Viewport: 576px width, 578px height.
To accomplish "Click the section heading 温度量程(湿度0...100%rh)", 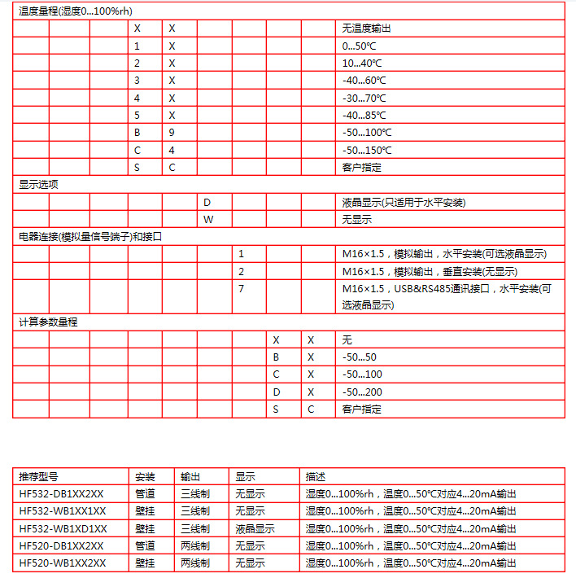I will [74, 11].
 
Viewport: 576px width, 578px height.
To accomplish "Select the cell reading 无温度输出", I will [366, 28].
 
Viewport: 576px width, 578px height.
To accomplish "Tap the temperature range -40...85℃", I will [364, 116].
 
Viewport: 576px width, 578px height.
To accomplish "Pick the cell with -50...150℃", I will [367, 151].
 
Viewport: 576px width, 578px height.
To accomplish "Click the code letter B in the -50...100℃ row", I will [137, 133].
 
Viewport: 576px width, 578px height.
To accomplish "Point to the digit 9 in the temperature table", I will [172, 133].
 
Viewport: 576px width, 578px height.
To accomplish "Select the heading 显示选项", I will [38, 185].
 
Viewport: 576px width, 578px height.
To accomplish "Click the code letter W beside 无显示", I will [207, 220].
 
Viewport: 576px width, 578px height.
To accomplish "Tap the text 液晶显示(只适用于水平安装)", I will [404, 202].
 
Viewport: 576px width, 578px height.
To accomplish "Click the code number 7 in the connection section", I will [241, 289].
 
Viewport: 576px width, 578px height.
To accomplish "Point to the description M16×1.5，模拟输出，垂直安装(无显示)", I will [430, 272].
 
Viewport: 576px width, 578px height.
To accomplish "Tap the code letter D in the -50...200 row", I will [277, 392].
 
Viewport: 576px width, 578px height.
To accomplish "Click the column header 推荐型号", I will [38, 476].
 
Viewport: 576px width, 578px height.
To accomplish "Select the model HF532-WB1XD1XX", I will [63, 528].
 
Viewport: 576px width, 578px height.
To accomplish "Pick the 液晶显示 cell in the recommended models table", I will [255, 528].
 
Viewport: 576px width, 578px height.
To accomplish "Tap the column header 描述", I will [315, 476].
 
